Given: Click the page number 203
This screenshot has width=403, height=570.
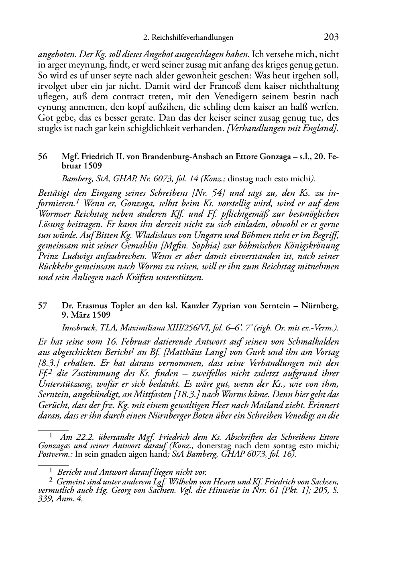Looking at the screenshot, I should click(331, 37).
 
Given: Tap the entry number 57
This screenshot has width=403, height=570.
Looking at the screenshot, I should click(43, 306).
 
